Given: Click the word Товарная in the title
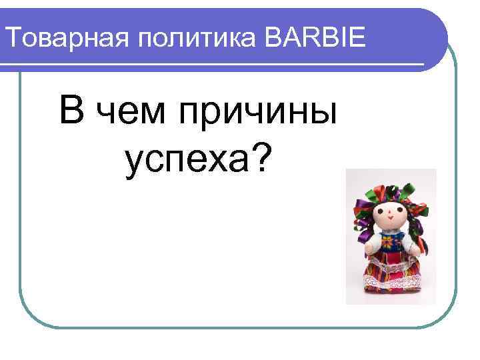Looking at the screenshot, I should click(x=66, y=39).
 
